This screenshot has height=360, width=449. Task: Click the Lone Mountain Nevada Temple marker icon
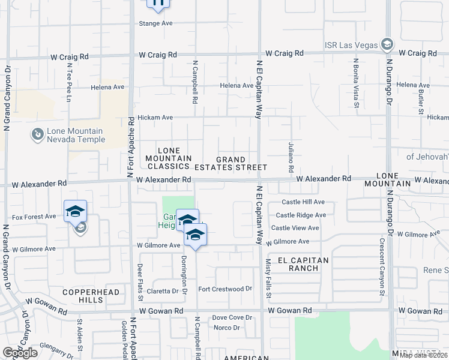[x=37, y=134]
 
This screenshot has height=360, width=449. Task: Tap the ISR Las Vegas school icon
[x=387, y=45]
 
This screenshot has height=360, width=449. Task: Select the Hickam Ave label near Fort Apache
[x=155, y=118]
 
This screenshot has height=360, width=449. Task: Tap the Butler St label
[x=421, y=101]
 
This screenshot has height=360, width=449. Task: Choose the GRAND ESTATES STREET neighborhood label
[x=241, y=163]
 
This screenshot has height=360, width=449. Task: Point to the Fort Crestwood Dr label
[x=225, y=289]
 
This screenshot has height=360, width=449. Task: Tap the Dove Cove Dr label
[x=232, y=317]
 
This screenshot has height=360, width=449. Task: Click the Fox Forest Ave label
[x=34, y=217]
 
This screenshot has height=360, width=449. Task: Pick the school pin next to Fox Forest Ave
[x=75, y=212]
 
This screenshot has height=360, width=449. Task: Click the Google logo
[x=20, y=353]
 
